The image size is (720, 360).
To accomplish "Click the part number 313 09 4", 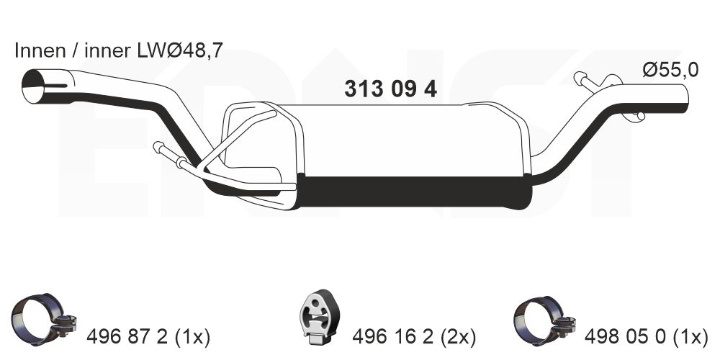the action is [x=390, y=89].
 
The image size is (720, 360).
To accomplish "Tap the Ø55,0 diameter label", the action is [x=670, y=71].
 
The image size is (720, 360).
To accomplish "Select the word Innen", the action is [x=40, y=50].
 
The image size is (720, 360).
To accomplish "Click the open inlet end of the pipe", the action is [x=33, y=86].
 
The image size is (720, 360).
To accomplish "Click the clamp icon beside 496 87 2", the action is [x=44, y=319].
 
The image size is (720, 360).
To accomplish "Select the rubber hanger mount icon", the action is [x=320, y=318].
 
